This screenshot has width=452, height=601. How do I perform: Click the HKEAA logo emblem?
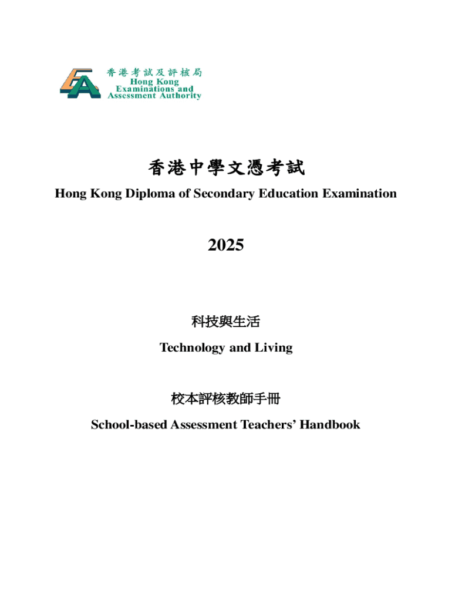click(x=80, y=84)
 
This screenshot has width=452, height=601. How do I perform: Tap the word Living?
click(x=274, y=347)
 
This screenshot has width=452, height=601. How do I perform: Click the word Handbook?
click(x=330, y=424)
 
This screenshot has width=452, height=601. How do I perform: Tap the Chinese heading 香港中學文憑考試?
click(x=226, y=169)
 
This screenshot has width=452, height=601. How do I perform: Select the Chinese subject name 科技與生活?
click(x=225, y=322)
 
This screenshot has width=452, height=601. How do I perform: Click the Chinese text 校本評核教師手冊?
click(x=225, y=400)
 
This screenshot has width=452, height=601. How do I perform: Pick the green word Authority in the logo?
click(x=180, y=96)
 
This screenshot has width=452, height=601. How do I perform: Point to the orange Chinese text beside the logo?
click(x=154, y=72)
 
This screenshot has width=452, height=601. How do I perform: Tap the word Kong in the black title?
click(x=103, y=193)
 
